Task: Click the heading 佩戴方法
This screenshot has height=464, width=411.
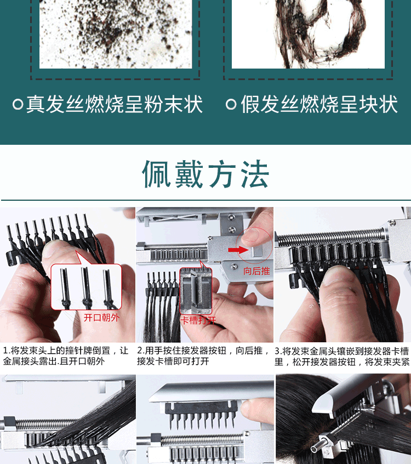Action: pyautogui.click(x=206, y=175)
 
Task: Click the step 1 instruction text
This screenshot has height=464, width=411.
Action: pyautogui.click(x=66, y=356)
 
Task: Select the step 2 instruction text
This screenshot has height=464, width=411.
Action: pyautogui.click(x=203, y=356)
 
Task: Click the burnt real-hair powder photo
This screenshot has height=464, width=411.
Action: pyautogui.click(x=115, y=33)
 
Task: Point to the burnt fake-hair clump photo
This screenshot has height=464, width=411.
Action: pyautogui.click(x=308, y=33)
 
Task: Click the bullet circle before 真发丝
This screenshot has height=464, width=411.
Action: pyautogui.click(x=18, y=104)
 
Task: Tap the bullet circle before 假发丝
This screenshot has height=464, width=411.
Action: pyautogui.click(x=231, y=104)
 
